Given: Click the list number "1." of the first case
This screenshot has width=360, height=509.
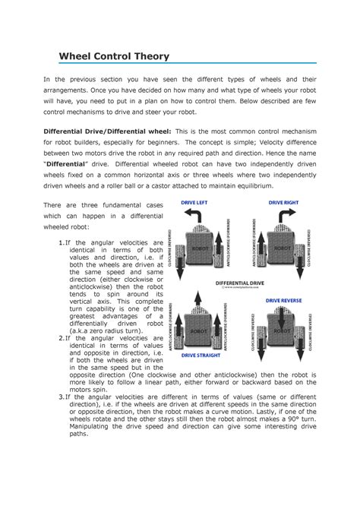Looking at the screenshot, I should (62, 242).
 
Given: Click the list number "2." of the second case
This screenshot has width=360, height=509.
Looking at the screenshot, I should (62, 338).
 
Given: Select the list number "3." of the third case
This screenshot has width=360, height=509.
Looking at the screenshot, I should (62, 397).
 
